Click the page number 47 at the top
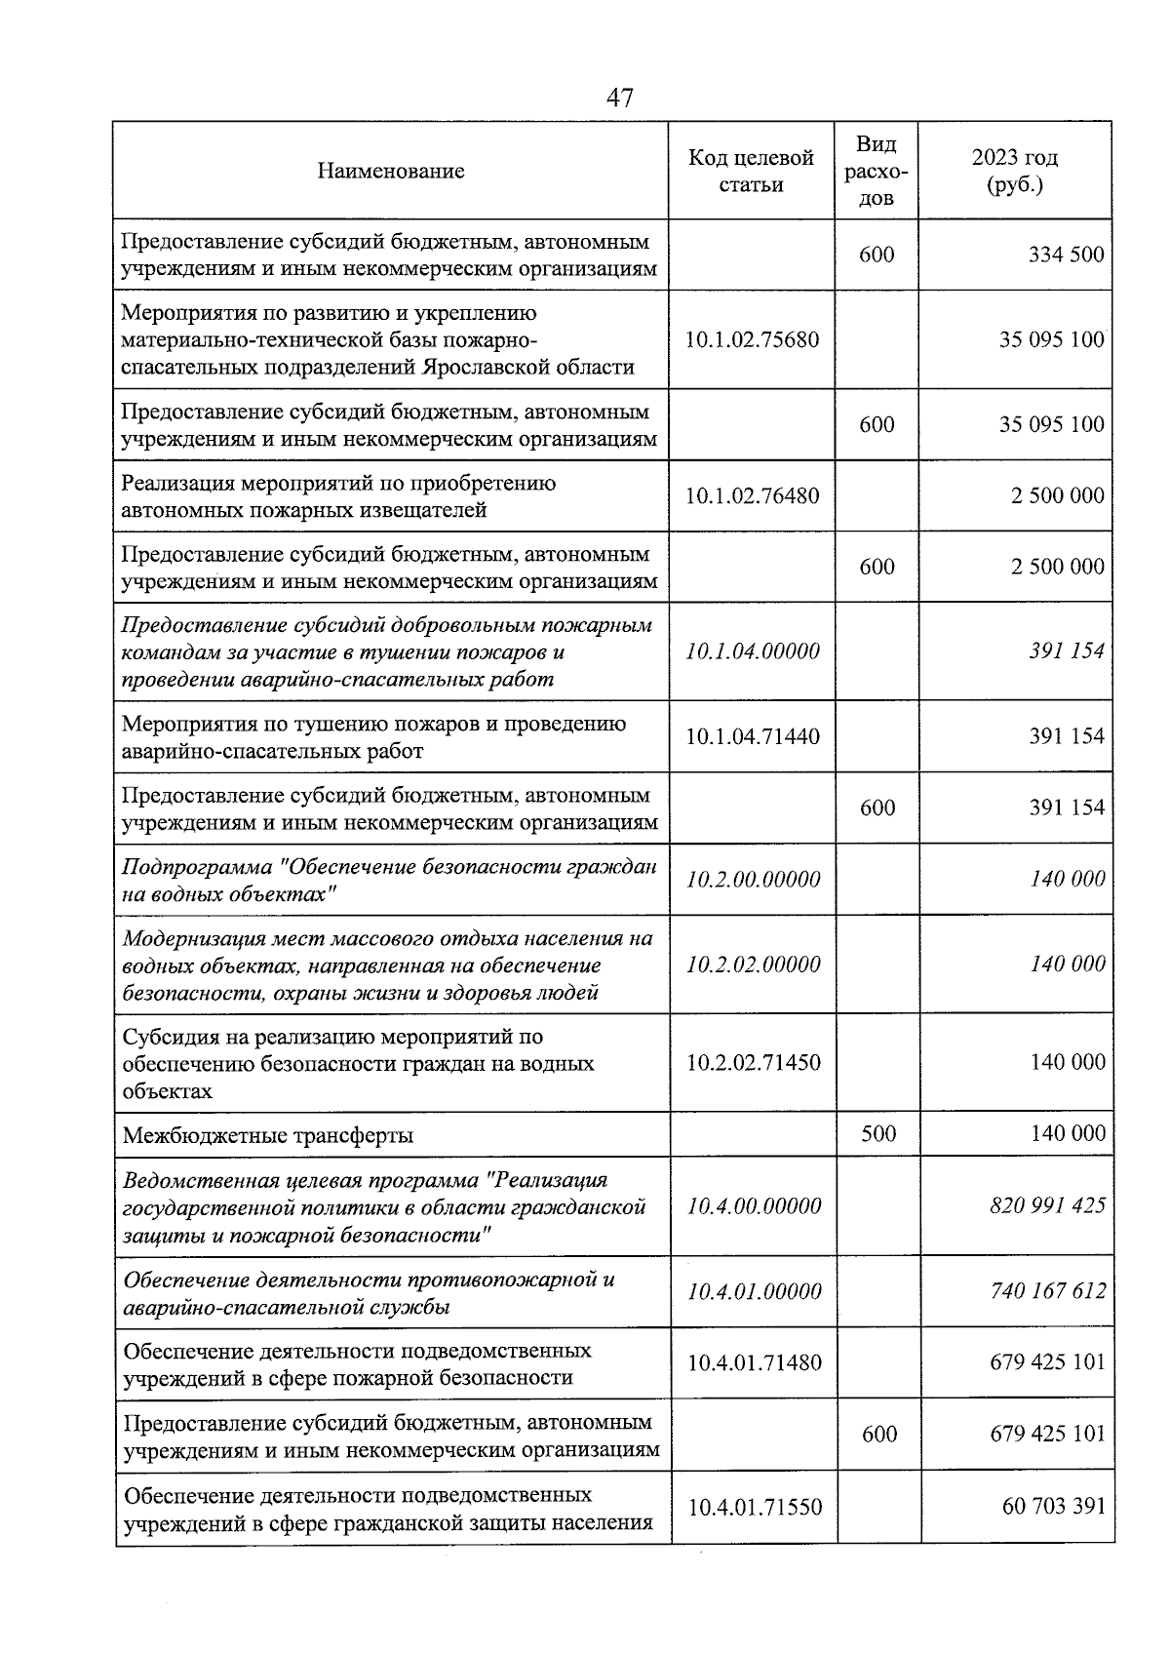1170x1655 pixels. [620, 98]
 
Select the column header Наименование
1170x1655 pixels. [390, 172]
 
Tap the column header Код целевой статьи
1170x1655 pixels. [751, 172]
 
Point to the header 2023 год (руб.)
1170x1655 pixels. [1015, 172]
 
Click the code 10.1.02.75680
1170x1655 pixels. [752, 340]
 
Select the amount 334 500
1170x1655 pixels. [1067, 256]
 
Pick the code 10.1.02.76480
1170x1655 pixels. [752, 495]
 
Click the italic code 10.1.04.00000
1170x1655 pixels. [752, 651]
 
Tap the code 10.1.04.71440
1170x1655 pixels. [752, 736]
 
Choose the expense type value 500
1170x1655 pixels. [877, 1134]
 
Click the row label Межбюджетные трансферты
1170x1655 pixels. [268, 1135]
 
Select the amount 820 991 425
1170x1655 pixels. [1047, 1206]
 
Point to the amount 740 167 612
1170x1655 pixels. [1047, 1291]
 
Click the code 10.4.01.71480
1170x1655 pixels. [754, 1362]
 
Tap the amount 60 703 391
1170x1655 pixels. [1054, 1507]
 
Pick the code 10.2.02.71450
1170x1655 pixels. [753, 1063]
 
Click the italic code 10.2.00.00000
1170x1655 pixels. [753, 880]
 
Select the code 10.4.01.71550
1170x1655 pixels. [754, 1508]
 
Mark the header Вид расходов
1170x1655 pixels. [877, 172]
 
